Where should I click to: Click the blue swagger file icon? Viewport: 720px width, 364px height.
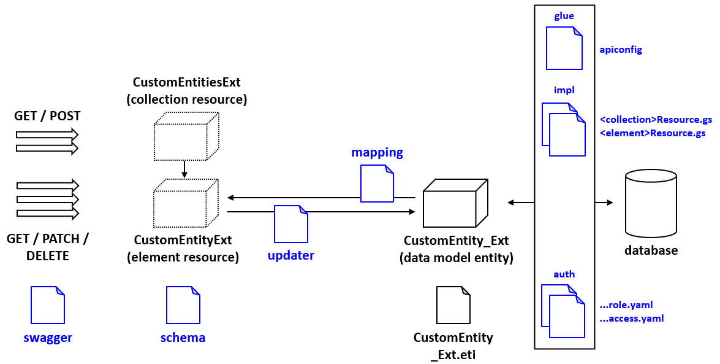48,305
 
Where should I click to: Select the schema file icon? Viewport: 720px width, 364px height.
183,305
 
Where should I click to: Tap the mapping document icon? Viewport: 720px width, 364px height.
377,184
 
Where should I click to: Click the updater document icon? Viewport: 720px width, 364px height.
290,224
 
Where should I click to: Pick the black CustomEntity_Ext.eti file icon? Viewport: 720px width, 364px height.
453,305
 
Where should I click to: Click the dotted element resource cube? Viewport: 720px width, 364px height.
186,203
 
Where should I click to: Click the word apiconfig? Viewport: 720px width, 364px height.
621,50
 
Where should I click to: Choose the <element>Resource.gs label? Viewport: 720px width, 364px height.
653,133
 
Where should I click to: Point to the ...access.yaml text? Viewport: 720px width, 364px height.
632,319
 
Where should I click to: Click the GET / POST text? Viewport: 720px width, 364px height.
47,116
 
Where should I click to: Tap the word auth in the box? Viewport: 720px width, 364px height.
564,274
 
